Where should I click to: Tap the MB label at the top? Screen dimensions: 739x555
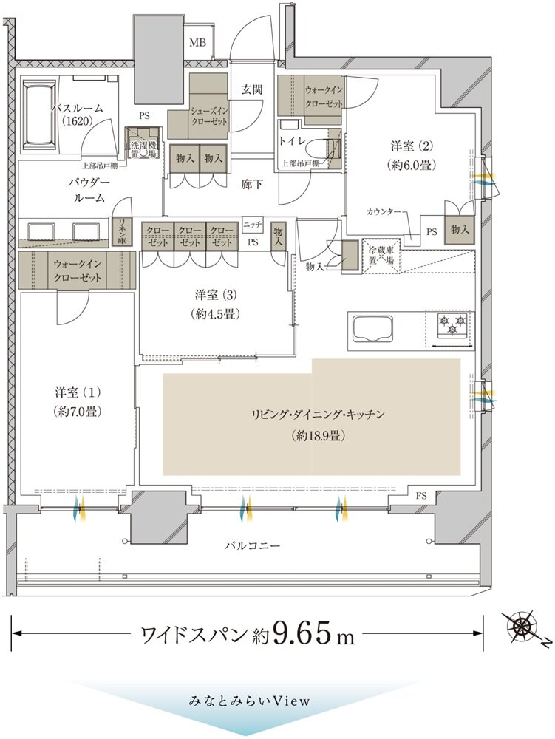click(x=197, y=43)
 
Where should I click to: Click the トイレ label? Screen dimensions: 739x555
click(x=291, y=138)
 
